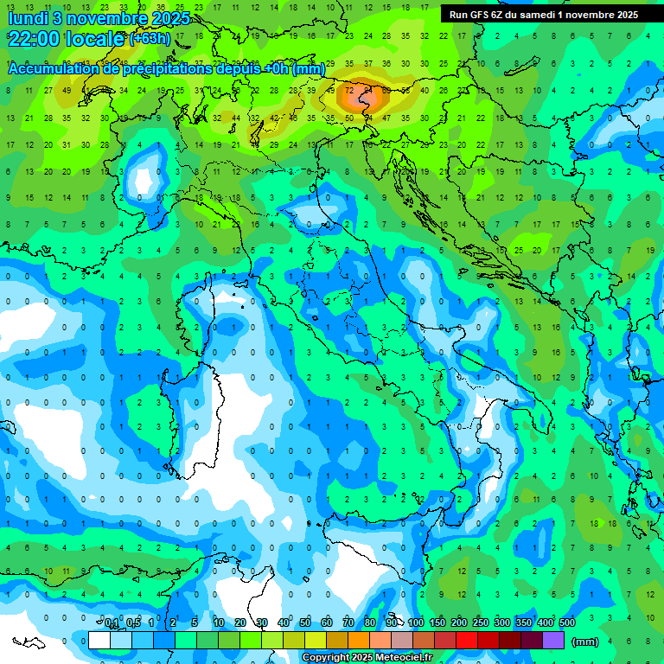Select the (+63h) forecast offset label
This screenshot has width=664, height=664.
pyautogui.click(x=150, y=39)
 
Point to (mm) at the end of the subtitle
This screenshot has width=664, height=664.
pyautogui.click(x=309, y=69)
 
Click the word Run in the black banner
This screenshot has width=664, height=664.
pyautogui.click(x=458, y=15)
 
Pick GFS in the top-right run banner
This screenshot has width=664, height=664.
pyautogui.click(x=481, y=15)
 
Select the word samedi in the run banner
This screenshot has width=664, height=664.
pyautogui.click(x=552, y=15)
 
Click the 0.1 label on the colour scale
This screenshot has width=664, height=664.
pyautogui.click(x=112, y=623)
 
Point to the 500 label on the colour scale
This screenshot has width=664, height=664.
pyautogui.click(x=567, y=623)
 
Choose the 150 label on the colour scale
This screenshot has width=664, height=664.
pyautogui.click(x=437, y=623)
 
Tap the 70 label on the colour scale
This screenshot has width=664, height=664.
pyautogui.click(x=348, y=623)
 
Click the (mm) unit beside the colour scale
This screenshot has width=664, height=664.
pyautogui.click(x=585, y=642)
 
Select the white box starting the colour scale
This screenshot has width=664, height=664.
pyautogui.click(x=99, y=641)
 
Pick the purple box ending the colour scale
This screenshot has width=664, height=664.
pyautogui.click(x=553, y=641)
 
